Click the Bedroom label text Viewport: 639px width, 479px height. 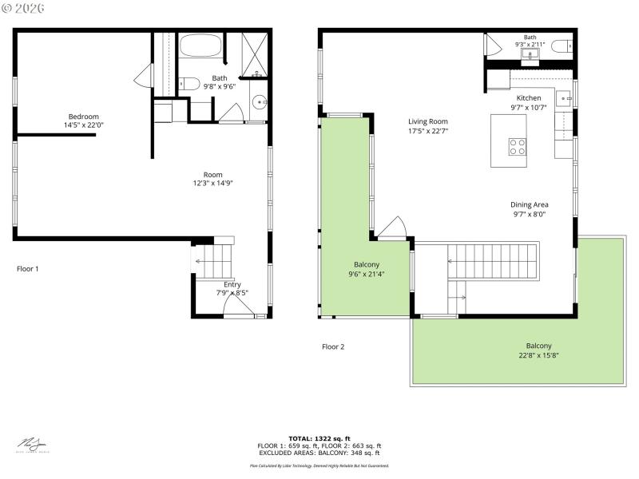(x=83, y=117)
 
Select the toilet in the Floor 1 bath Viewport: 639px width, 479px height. (x=189, y=82)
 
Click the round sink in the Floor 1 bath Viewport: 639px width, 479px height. (x=260, y=102)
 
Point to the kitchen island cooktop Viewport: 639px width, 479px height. (x=518, y=146)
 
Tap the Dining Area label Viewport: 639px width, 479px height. (x=530, y=204)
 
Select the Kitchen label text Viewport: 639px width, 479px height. (x=529, y=98)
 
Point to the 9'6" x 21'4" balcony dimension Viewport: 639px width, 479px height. (x=367, y=275)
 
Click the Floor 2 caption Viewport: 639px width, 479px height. (x=333, y=346)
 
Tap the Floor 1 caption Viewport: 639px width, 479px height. (x=28, y=269)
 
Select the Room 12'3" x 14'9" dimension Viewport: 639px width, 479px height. (x=212, y=184)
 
